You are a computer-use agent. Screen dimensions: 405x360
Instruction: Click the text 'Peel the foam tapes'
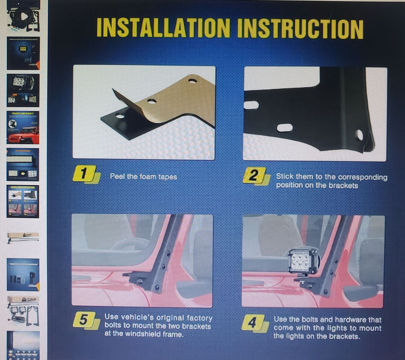(x=144, y=177)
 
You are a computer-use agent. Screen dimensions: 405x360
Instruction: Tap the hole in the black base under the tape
(x=120, y=116)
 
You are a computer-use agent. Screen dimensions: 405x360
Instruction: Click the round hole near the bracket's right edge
(x=360, y=135)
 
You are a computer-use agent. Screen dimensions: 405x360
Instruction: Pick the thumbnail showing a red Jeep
(x=23, y=127)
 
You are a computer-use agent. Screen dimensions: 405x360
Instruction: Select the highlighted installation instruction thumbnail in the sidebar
(x=23, y=201)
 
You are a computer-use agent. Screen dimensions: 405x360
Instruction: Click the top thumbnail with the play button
(x=23, y=16)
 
